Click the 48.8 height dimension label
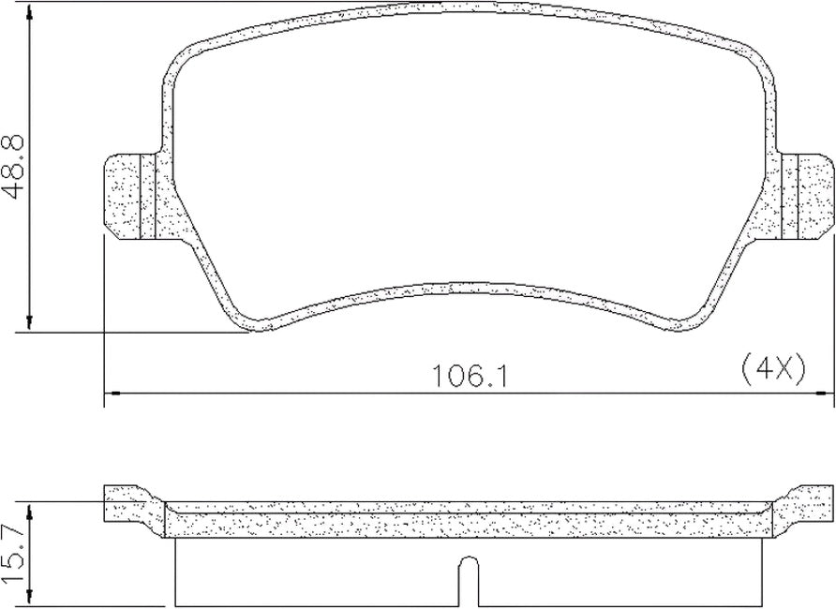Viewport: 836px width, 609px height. click(13, 166)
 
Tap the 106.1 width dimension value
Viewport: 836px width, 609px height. click(470, 376)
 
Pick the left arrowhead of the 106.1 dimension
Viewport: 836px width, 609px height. click(112, 394)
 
